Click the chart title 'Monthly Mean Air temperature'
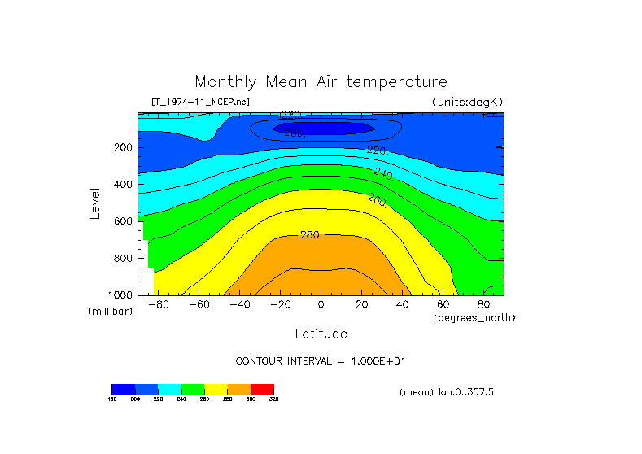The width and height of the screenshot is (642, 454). (x=321, y=82)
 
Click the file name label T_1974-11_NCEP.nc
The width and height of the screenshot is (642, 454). (x=200, y=102)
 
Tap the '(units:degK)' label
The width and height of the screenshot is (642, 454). (x=467, y=102)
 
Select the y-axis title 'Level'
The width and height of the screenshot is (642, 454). (x=95, y=203)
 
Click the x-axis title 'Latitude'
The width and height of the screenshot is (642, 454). (x=321, y=334)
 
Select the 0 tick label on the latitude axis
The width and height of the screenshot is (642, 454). (x=321, y=306)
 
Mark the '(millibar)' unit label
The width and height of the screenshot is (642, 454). (x=110, y=312)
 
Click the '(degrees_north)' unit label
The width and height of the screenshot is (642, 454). (x=475, y=317)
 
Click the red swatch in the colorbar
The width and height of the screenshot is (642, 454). (x=262, y=389)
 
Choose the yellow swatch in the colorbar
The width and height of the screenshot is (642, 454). (x=216, y=389)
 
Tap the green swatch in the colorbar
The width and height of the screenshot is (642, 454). (x=193, y=389)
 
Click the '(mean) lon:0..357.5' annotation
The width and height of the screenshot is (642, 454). (x=447, y=392)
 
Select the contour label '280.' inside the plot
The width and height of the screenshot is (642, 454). (x=311, y=235)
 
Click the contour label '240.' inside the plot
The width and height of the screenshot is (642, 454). (x=383, y=174)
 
